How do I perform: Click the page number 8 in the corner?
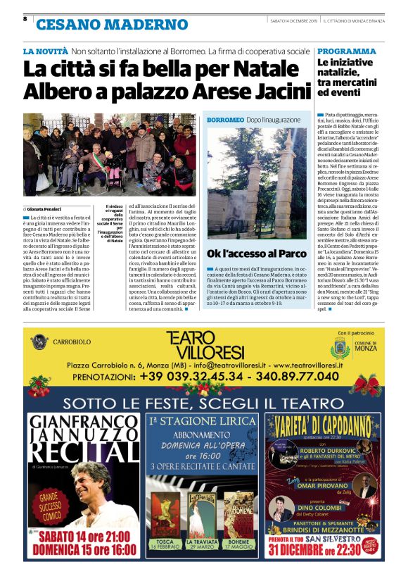pyautogui.click(x=25, y=19)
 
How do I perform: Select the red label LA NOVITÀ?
pyautogui.click(x=44, y=51)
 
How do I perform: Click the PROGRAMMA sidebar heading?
pyautogui.click(x=346, y=51)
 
